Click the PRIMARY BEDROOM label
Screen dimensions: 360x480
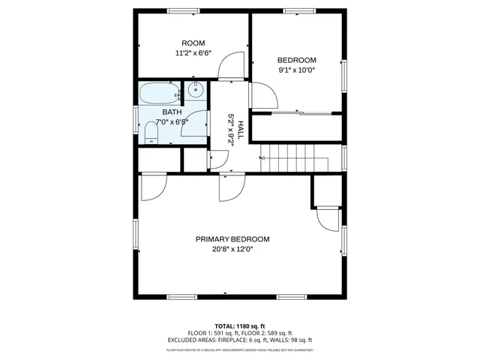coord(232,239)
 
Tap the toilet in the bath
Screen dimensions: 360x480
coord(151,135)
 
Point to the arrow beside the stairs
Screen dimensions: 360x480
coord(262,158)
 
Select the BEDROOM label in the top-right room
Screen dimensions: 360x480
coord(296,60)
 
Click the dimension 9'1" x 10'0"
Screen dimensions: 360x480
coord(296,70)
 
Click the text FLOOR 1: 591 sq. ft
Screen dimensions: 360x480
coord(214,333)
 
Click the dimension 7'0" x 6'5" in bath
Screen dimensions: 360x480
coord(171,121)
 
